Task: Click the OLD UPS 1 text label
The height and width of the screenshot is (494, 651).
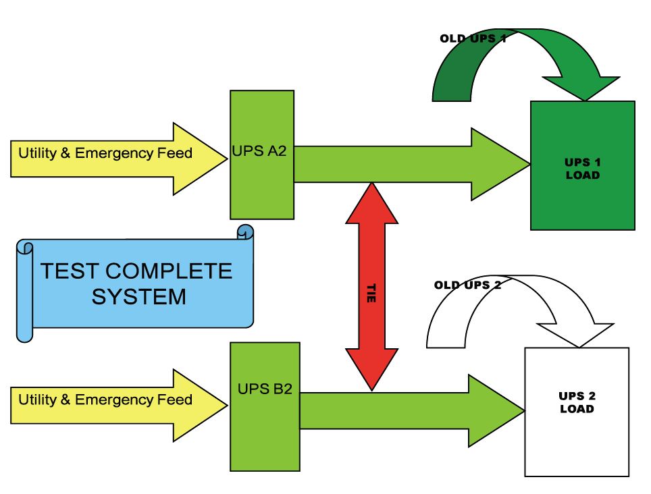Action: click(x=473, y=38)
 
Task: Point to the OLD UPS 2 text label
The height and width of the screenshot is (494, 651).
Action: click(x=467, y=285)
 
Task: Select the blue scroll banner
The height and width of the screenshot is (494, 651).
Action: click(x=135, y=283)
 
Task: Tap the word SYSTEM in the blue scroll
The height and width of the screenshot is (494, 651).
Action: click(x=138, y=296)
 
